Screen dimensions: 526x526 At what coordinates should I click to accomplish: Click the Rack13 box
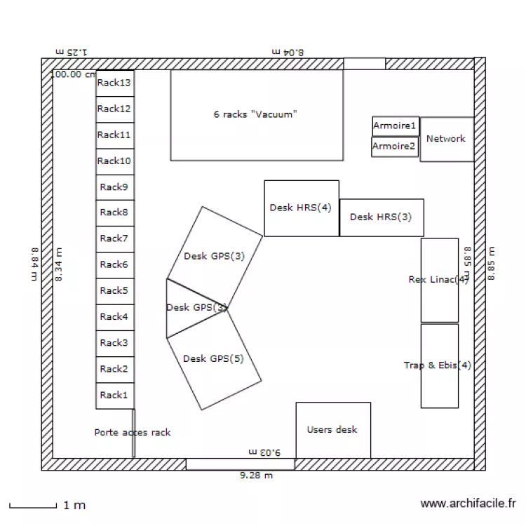[114, 83]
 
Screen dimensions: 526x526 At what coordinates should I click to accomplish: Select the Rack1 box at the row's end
[114, 396]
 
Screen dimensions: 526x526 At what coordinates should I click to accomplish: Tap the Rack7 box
[114, 239]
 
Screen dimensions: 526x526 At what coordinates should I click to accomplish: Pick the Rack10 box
[114, 161]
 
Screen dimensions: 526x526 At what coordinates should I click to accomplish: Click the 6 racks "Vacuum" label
[256, 114]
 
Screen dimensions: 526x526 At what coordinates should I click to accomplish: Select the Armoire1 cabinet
[395, 126]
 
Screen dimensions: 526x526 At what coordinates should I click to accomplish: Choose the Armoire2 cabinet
[394, 147]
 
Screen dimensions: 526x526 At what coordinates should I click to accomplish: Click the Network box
[446, 139]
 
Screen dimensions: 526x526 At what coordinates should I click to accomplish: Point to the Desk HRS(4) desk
[301, 208]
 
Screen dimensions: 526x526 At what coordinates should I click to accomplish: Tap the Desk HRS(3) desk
[381, 217]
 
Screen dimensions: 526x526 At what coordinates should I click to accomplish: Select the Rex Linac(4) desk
[439, 280]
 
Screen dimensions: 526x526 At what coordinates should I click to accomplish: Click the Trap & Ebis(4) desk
[439, 365]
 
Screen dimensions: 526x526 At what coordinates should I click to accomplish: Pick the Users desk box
[332, 430]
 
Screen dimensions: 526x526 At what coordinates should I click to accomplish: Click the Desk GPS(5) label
[213, 359]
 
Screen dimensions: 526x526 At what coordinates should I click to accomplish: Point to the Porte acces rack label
[133, 433]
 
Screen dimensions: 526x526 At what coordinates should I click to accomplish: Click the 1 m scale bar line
[32, 506]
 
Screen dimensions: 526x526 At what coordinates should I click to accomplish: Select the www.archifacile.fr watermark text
[468, 504]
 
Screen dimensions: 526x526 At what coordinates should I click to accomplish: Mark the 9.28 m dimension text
[256, 476]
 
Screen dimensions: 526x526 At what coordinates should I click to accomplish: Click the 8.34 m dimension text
[59, 265]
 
